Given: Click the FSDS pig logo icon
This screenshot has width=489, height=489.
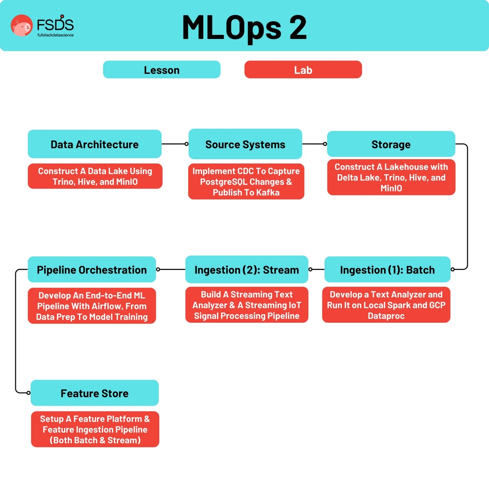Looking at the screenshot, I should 22,25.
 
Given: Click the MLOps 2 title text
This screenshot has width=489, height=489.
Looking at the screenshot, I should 244,27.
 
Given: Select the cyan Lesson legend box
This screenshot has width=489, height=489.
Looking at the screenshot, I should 162,70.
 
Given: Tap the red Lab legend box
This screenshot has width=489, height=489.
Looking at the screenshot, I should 303,70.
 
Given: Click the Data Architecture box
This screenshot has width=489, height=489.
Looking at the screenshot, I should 95,144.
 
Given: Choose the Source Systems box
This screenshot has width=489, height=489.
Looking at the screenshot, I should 245,144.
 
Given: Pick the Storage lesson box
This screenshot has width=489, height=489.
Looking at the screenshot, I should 391,144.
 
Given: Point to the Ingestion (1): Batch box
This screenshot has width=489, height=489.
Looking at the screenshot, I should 387,270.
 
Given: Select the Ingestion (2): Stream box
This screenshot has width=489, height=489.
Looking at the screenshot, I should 247,270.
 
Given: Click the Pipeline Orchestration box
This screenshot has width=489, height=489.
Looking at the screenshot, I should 92,270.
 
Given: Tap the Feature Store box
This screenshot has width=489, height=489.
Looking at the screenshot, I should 95,393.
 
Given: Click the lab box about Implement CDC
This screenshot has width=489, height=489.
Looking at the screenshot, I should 246,182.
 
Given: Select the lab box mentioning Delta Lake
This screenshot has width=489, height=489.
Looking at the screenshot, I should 391,177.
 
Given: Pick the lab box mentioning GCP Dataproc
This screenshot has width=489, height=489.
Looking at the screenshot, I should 386,305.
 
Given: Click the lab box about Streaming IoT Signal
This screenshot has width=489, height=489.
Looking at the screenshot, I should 247,305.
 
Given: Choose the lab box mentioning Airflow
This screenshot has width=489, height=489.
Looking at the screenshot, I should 92,306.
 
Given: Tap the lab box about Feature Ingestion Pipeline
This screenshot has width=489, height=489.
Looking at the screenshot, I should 95,429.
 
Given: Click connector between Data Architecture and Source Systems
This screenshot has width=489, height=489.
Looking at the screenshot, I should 175,144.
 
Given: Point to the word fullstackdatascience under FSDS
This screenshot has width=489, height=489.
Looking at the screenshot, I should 55,35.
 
